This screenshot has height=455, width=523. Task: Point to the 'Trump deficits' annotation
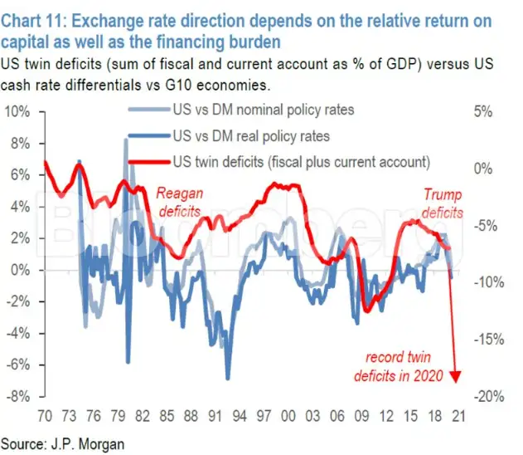point(442,203)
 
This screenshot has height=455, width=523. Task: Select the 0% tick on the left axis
point(20,270)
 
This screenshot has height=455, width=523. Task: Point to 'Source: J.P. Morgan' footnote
point(63,443)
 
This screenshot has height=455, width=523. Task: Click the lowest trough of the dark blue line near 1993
point(228,379)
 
